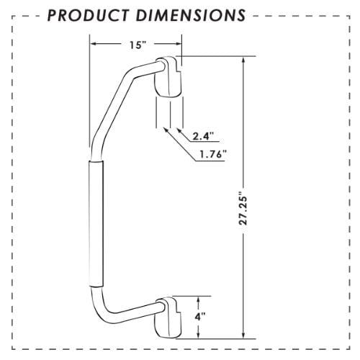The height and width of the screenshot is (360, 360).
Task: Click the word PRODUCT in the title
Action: (89, 15)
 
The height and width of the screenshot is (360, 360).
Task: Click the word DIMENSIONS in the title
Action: (191, 15)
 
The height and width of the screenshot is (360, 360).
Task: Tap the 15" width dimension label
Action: (138, 45)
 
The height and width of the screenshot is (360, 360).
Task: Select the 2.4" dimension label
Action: (203, 137)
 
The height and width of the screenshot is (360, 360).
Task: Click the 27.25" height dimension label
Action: (243, 211)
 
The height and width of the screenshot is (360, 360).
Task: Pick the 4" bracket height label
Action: (199, 317)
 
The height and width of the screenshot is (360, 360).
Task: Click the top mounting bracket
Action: (168, 77)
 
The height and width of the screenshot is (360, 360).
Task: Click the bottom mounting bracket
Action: (168, 318)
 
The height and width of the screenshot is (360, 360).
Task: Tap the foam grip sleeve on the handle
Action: (96, 224)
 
